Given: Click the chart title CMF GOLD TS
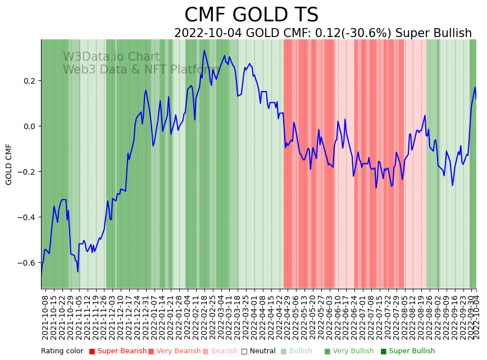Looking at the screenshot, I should (x=251, y=15).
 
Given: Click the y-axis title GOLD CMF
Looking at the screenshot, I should (x=9, y=164).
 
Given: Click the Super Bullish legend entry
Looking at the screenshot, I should (x=412, y=351).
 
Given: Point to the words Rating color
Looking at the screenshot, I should (x=62, y=351).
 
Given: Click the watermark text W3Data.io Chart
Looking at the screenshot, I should (x=111, y=57).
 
